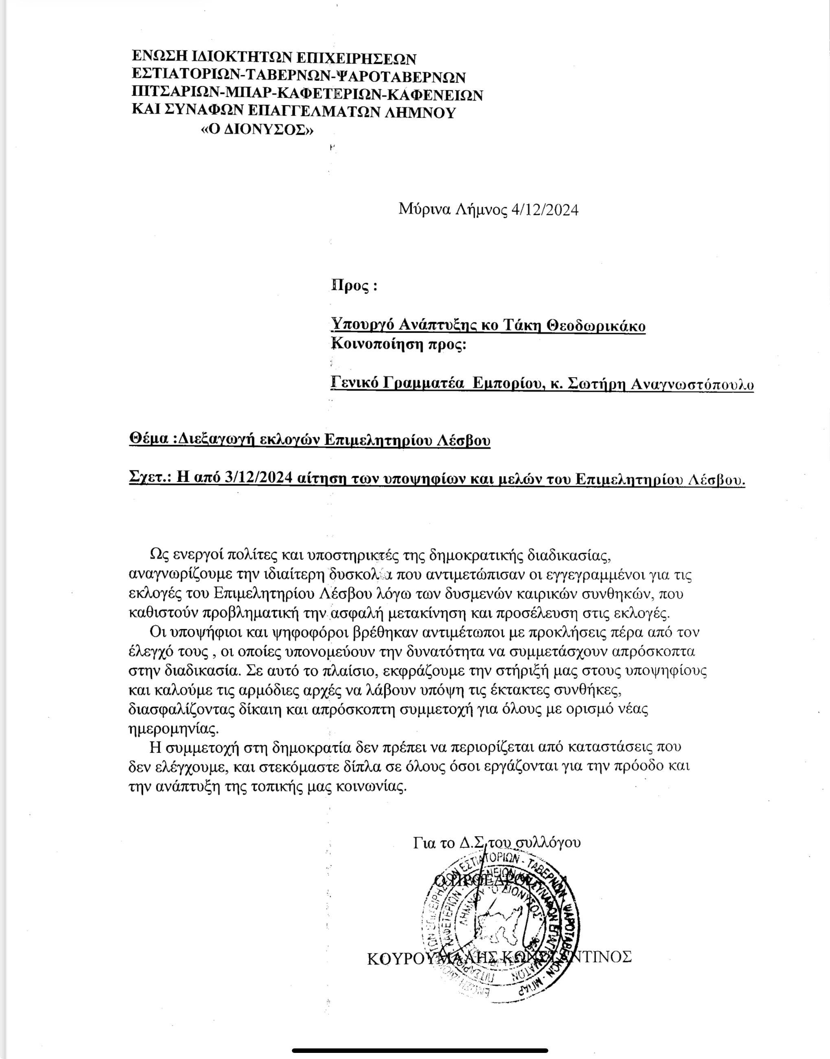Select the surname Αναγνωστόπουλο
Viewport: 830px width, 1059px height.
(692, 384)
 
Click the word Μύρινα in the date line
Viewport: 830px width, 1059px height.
(423, 210)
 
